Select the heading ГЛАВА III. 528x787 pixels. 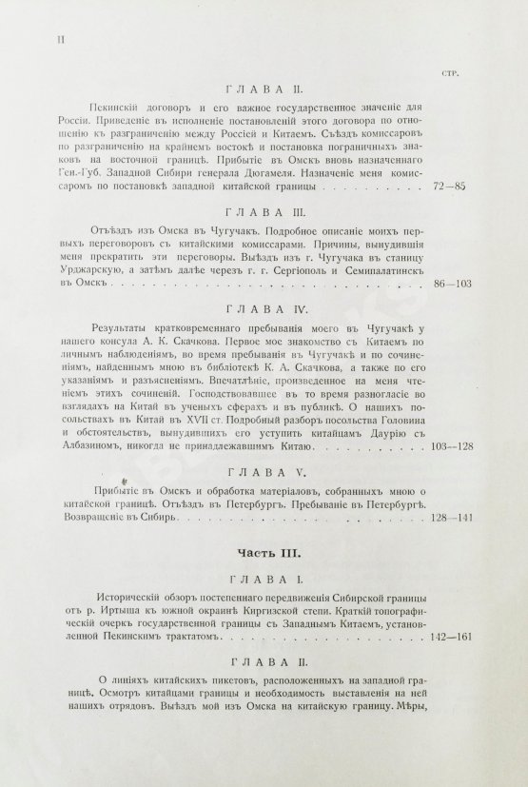coord(262,217)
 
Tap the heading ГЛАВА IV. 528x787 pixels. coord(262,310)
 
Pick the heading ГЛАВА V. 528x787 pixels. coord(262,471)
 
